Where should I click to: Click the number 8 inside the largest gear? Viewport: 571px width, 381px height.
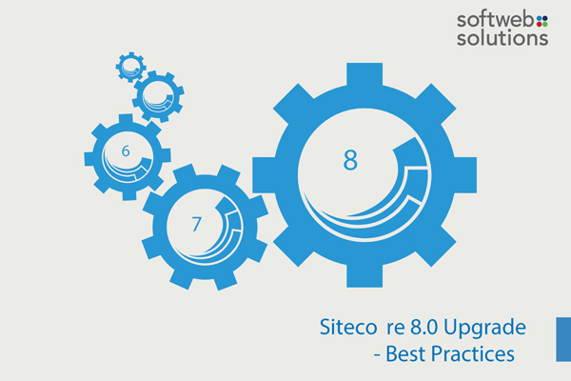click(x=350, y=160)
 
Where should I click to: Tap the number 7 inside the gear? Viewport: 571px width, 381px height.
click(x=197, y=224)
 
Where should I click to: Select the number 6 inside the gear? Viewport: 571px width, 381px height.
click(x=126, y=150)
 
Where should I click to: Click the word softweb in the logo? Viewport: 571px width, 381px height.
click(x=496, y=20)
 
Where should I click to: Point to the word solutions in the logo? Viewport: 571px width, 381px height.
click(x=502, y=38)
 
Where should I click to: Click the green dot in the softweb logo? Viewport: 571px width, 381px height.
click(x=544, y=24)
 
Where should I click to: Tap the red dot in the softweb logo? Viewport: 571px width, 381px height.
click(x=539, y=24)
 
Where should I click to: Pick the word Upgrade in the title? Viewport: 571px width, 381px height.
click(x=484, y=328)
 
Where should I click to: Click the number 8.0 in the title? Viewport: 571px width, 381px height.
click(x=423, y=327)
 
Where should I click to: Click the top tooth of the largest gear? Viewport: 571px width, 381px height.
click(x=364, y=75)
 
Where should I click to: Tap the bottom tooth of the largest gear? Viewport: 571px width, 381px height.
click(x=364, y=274)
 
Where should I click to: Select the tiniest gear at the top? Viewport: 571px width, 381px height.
click(x=130, y=67)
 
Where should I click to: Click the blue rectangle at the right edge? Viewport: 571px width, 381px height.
click(x=563, y=339)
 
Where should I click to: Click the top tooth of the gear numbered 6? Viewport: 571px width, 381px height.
click(x=126, y=120)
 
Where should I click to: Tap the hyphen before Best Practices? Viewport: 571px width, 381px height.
click(x=377, y=355)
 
